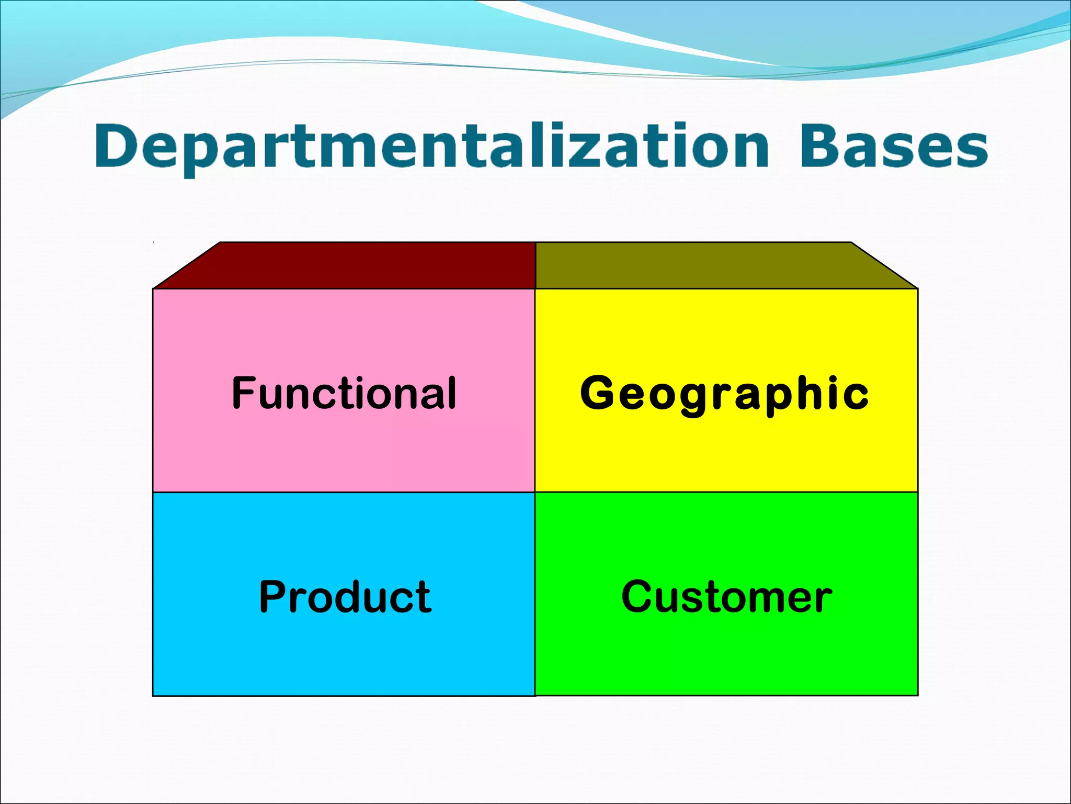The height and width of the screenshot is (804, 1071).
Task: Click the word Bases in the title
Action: tap(893, 147)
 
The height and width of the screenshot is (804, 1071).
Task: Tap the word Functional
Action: tap(344, 393)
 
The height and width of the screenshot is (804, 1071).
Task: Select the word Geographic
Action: tap(724, 394)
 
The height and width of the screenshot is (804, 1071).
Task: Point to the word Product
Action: tap(345, 597)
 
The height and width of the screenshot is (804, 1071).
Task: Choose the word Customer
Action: tap(726, 597)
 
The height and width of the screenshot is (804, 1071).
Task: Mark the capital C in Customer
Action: tap(636, 597)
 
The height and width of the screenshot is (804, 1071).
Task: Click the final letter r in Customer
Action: tap(824, 599)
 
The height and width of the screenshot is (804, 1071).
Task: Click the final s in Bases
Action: tap(974, 149)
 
